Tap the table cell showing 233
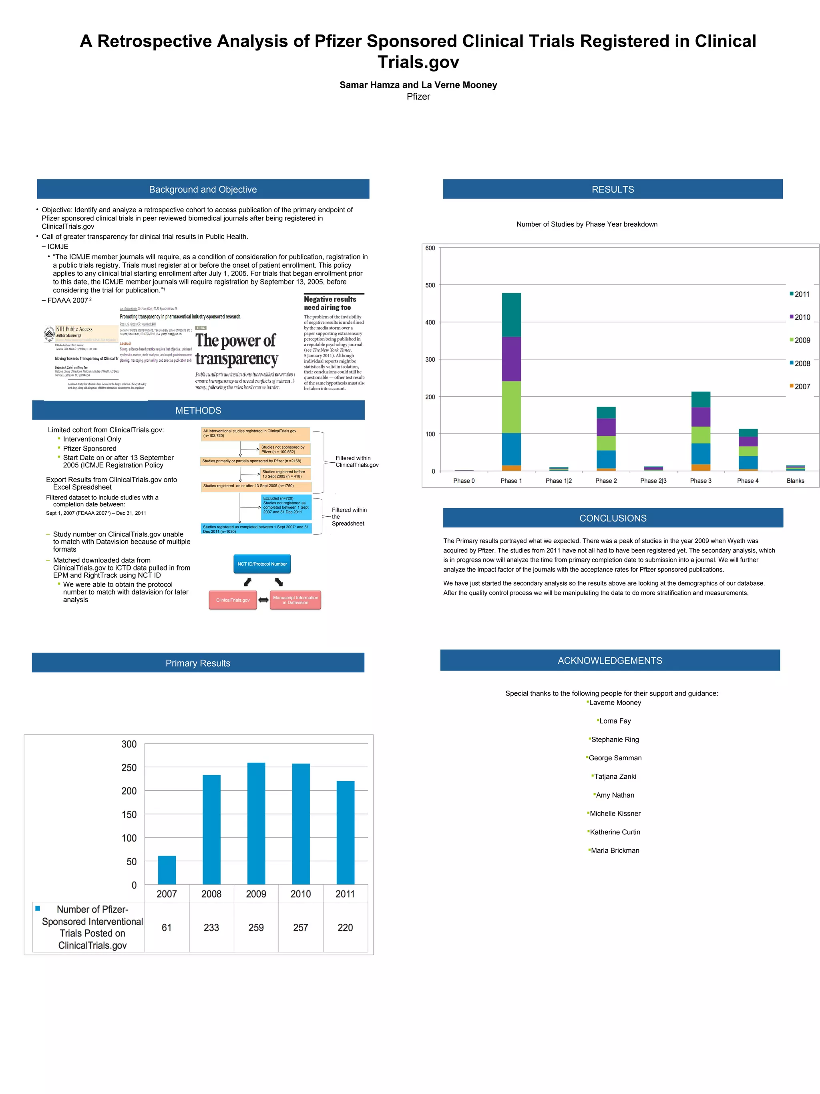pos(211,927)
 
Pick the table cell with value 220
pos(345,927)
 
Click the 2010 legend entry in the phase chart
pos(800,317)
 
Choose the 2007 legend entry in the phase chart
pos(800,386)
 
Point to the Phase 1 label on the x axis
pos(511,481)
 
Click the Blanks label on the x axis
pos(795,481)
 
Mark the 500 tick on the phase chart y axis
pos(430,285)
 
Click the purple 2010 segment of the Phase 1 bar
pos(511,359)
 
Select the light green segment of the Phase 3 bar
pos(700,435)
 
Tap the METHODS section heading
pos(198,411)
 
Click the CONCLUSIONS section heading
pos(613,518)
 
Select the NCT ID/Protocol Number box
pos(262,564)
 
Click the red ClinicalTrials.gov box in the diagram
pos(233,600)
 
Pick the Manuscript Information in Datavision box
pos(295,600)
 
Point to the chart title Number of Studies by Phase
pos(587,224)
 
